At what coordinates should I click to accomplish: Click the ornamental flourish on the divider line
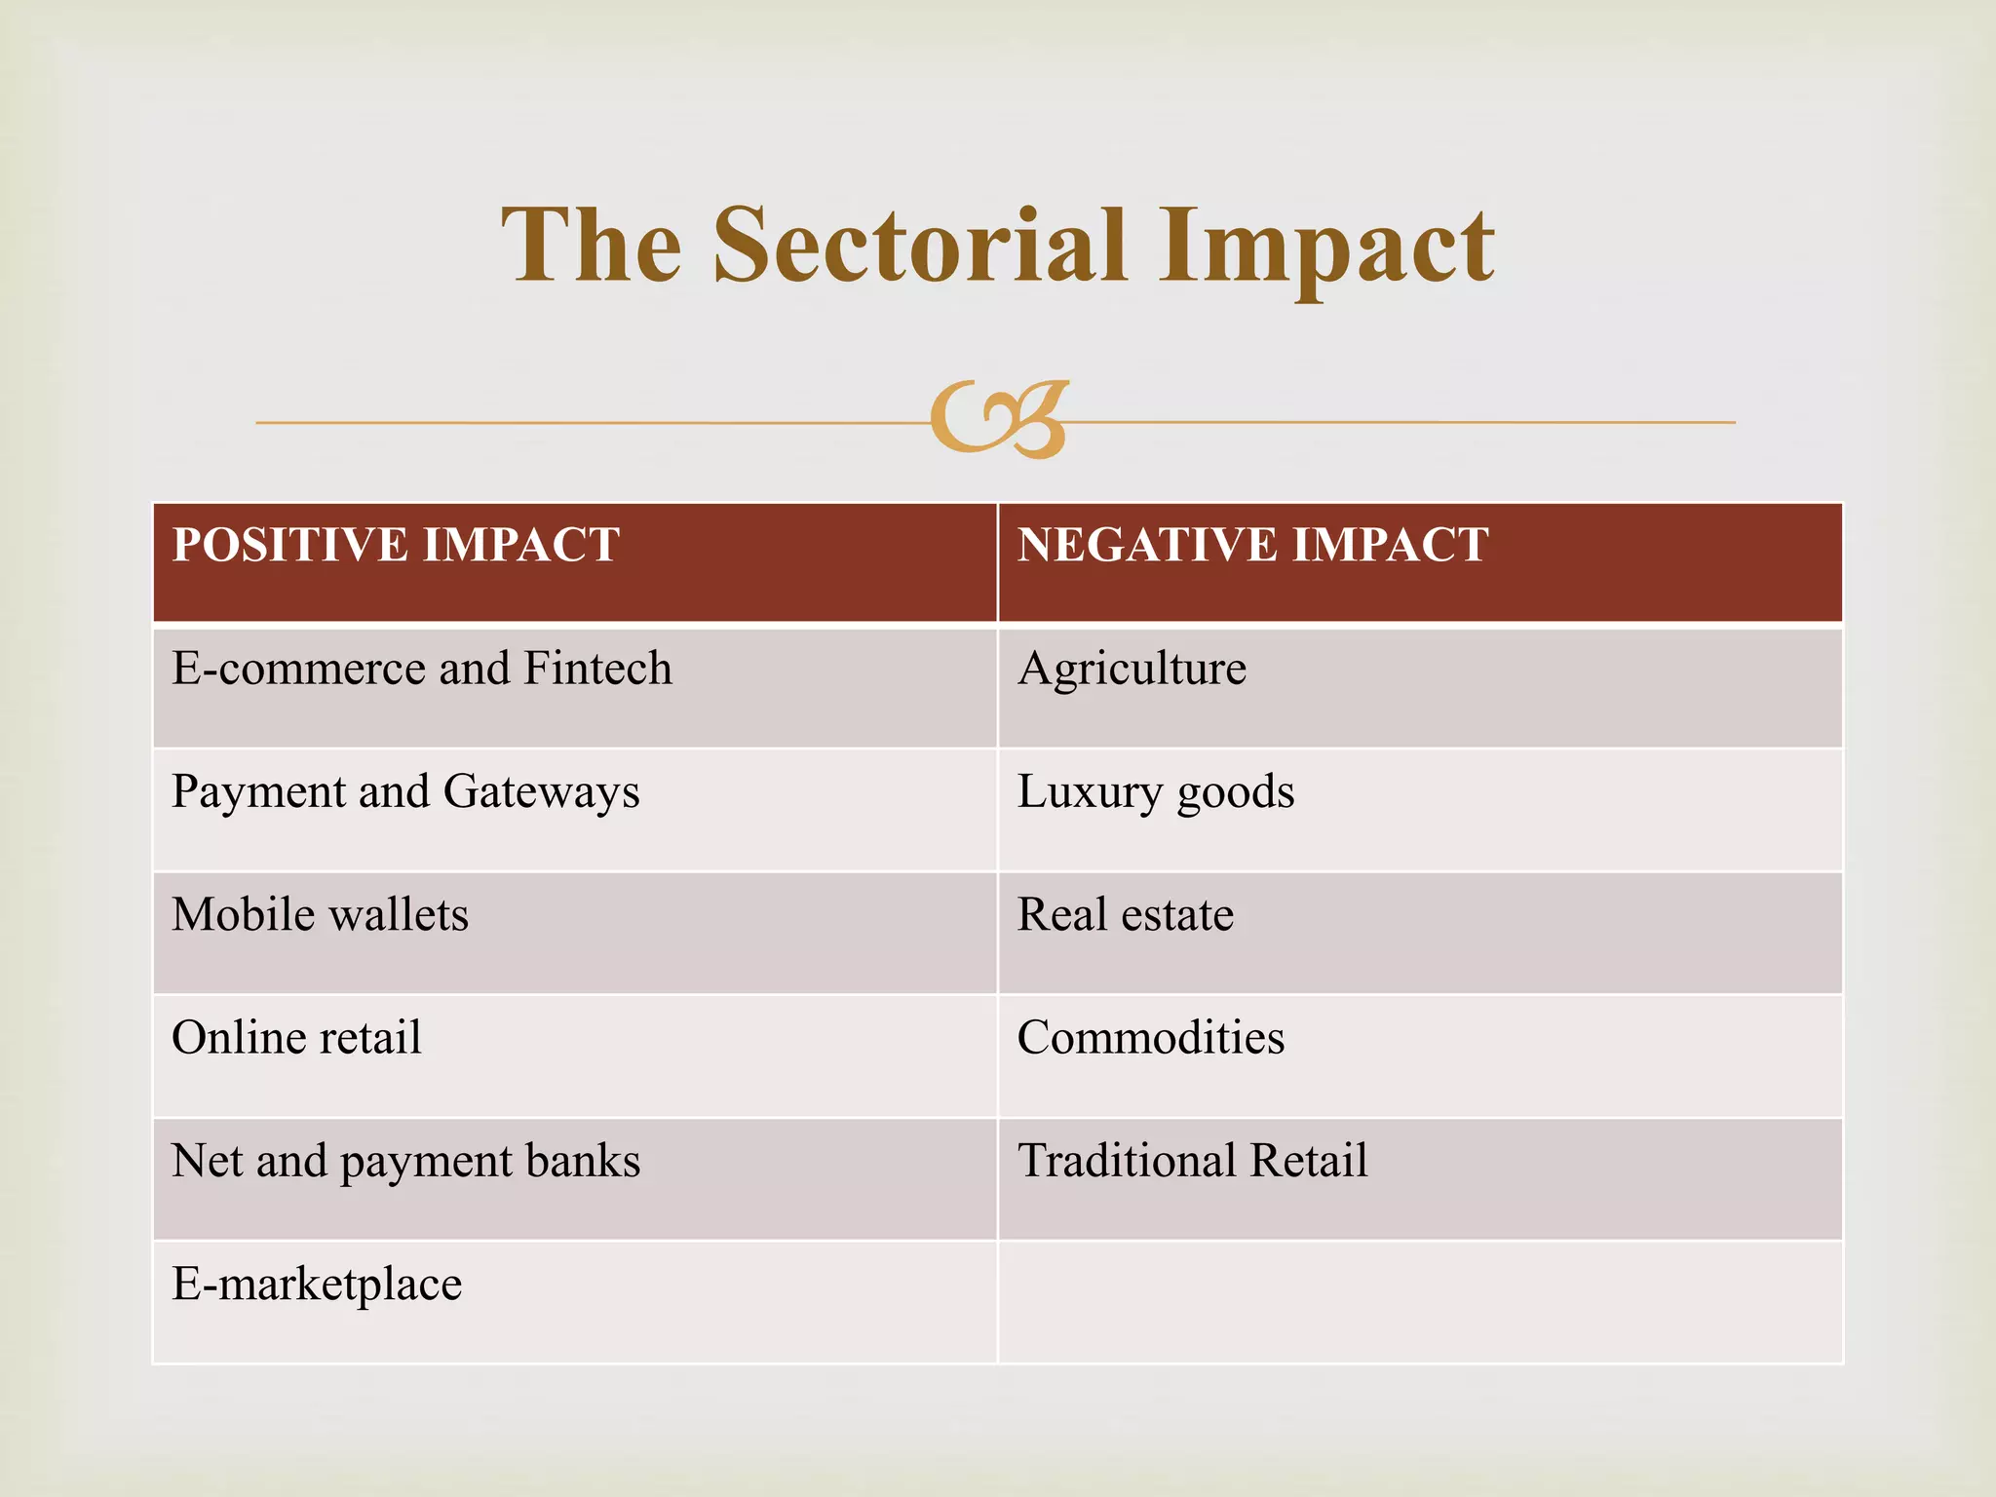click(x=1000, y=419)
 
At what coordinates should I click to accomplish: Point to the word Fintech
click(x=597, y=670)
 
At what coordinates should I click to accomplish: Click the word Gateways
click(x=541, y=792)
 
